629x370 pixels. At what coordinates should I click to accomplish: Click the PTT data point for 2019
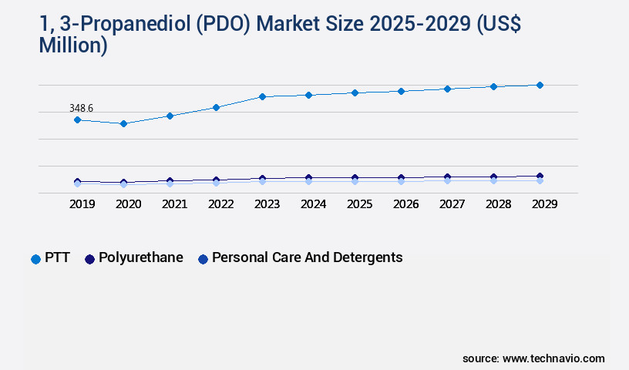(x=77, y=119)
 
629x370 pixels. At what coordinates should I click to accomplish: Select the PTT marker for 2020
(x=123, y=123)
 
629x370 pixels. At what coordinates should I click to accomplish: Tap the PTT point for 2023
(x=262, y=96)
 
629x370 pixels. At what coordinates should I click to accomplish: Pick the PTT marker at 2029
(x=540, y=85)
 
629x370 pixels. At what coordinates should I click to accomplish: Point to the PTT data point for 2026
(x=401, y=91)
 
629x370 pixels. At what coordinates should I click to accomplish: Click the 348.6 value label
(x=81, y=109)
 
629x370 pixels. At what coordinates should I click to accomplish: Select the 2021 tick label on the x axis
(x=174, y=204)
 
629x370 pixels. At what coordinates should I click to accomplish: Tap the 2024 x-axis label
(x=313, y=204)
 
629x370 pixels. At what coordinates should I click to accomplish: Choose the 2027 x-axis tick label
(x=452, y=204)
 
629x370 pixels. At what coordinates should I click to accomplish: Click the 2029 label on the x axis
(x=544, y=204)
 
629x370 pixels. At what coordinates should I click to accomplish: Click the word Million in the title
(x=72, y=45)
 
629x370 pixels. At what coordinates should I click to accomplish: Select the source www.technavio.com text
(x=533, y=358)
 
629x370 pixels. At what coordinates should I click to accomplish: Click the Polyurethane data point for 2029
(x=540, y=176)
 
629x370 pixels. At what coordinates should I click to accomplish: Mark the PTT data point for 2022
(x=216, y=107)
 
